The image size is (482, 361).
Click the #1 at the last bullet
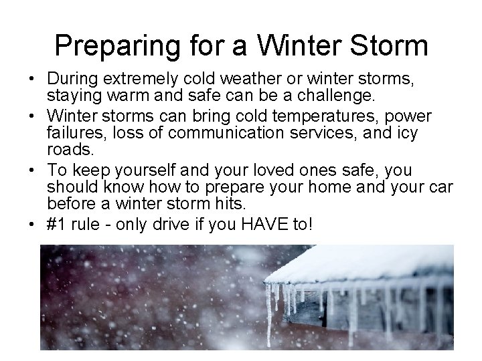pyautogui.click(x=58, y=223)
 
